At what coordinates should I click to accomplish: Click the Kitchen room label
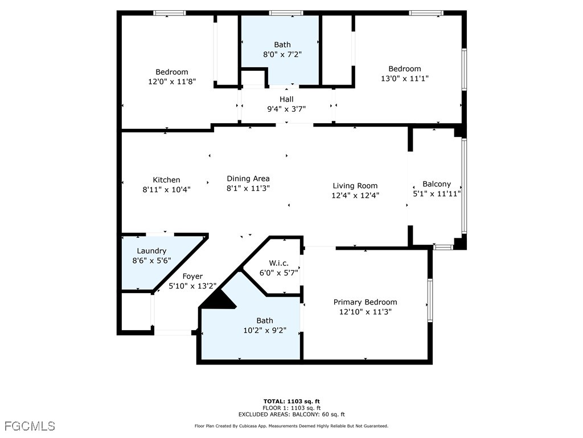(166, 180)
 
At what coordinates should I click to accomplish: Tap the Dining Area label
(248, 179)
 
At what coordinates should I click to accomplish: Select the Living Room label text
(355, 186)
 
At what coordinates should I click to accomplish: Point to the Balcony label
(436, 184)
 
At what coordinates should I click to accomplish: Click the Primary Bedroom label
(365, 302)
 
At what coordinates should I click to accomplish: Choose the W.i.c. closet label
(279, 263)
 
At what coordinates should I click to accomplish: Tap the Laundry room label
(151, 251)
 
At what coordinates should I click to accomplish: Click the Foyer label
(192, 277)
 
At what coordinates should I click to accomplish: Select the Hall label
(286, 99)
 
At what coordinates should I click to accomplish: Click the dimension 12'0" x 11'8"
(171, 82)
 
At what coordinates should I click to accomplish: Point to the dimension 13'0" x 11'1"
(404, 79)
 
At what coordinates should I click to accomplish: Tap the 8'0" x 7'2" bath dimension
(282, 55)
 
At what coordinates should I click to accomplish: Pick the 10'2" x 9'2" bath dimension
(264, 330)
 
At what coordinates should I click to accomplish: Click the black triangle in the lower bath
(220, 300)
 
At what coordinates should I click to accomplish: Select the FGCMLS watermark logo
(30, 426)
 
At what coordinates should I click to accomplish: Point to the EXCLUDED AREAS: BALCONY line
(291, 415)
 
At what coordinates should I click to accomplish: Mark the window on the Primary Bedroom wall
(430, 301)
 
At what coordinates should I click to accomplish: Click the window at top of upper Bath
(286, 13)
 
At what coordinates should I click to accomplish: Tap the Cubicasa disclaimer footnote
(291, 426)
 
